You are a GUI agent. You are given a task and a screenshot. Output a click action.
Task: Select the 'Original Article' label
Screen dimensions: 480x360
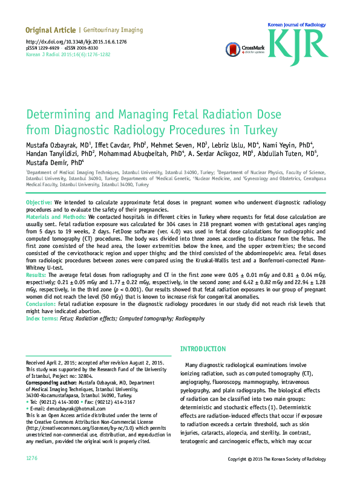(x=50, y=30)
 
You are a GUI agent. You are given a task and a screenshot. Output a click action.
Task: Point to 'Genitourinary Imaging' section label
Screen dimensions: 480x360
(x=113, y=30)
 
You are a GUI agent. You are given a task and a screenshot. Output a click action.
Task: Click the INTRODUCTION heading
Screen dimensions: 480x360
(x=203, y=349)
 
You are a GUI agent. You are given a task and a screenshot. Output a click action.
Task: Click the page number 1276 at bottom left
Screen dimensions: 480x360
(x=32, y=459)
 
